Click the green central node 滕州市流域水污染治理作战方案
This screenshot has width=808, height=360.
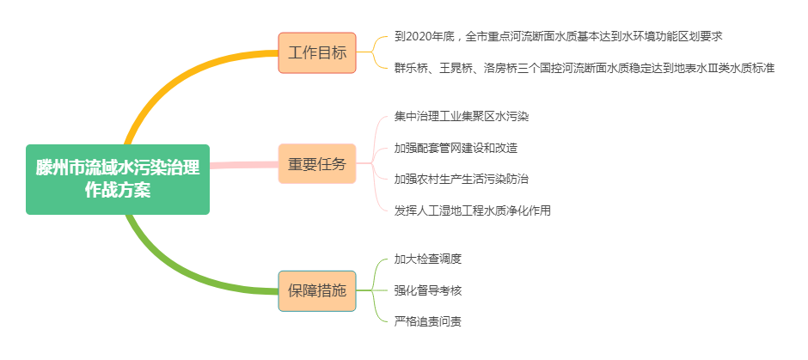coord(118,179)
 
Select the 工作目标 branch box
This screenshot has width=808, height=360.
coord(317,52)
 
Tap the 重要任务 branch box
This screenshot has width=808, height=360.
coord(317,164)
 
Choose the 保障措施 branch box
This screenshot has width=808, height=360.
coord(317,290)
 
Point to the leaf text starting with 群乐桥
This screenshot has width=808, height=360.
coord(584,67)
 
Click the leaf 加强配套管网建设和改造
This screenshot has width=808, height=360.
coord(456,148)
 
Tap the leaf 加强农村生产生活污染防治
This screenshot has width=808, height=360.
coord(462,179)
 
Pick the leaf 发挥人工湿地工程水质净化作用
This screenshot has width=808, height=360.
coord(473,211)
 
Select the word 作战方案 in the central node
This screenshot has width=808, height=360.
coord(118,191)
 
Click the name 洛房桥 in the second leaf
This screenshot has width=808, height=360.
coord(500,67)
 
